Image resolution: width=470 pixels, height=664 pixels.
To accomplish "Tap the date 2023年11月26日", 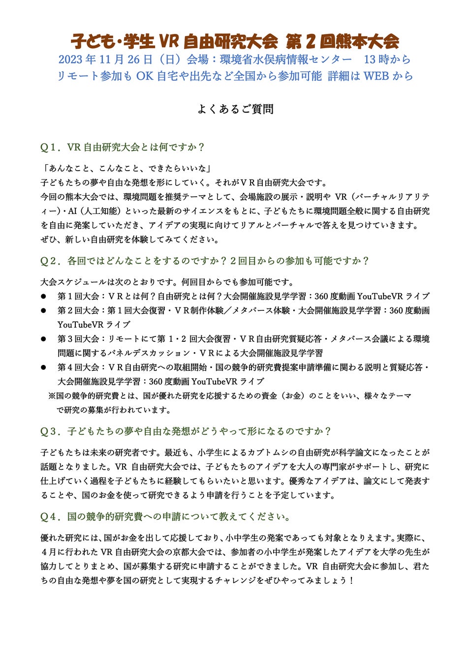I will (x=105, y=60).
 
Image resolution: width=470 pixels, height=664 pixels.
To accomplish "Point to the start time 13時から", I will (x=387, y=60).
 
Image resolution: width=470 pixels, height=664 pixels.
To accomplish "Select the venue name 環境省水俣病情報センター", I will (x=286, y=60).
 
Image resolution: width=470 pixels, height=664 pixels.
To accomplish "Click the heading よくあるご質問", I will (x=235, y=109).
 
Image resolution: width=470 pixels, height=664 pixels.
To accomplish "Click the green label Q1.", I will (x=50, y=147).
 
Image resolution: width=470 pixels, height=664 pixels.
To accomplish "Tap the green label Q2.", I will (x=50, y=261).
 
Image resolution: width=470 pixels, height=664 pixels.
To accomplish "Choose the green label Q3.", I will (x=50, y=431).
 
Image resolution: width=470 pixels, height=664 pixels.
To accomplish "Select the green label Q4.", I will (x=50, y=516).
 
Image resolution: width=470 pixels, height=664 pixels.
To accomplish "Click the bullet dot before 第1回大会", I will (x=43, y=297).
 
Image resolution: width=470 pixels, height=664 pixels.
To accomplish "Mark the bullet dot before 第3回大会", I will (x=43, y=339).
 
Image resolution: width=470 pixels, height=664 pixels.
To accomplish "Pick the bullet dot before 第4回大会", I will (x=43, y=367).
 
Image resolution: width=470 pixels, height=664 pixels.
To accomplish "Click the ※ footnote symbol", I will (x=52, y=396).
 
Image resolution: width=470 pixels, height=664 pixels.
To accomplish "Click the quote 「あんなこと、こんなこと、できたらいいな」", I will (x=127, y=168).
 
